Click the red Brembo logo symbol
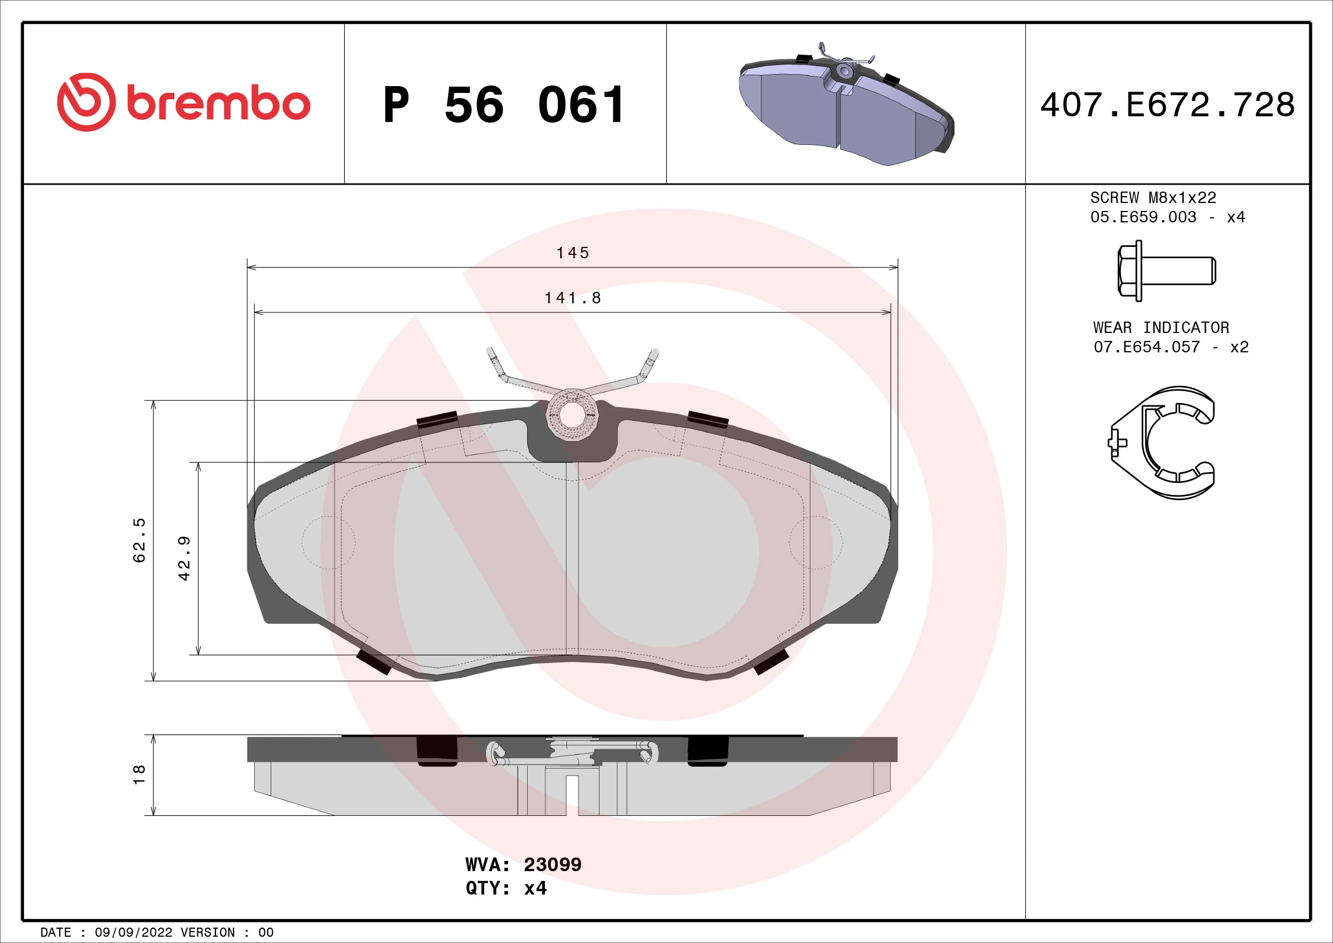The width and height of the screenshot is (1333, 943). coord(85,102)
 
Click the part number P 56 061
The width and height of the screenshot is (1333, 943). coord(504,105)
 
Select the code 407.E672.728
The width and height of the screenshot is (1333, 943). coord(1167,105)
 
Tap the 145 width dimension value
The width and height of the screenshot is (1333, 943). coord(572,253)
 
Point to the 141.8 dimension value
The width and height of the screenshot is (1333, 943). coord(572,298)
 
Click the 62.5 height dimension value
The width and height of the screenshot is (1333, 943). coord(139,540)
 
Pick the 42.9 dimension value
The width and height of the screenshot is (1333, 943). coord(184,558)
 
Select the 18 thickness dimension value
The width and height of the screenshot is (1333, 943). coord(139,775)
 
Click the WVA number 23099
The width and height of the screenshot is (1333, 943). coord(552,865)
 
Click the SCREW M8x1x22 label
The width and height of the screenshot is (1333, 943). coord(1152,197)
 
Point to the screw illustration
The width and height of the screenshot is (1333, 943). coord(1166,271)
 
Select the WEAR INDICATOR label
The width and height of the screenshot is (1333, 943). coord(1160,327)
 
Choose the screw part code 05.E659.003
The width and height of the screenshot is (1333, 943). coord(1143,217)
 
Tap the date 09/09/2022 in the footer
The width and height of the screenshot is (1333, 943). coord(133,933)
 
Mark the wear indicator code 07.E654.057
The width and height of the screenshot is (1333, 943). coord(1146,347)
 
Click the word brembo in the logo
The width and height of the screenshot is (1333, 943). coord(218,104)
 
